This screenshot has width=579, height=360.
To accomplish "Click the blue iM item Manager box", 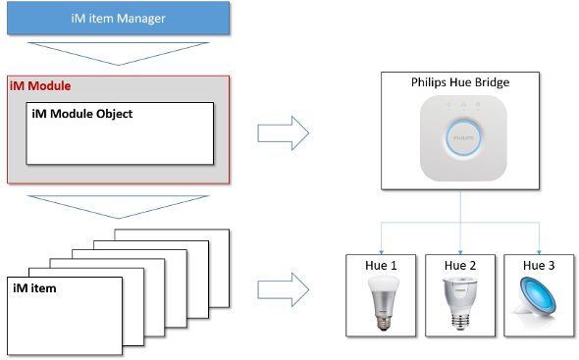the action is point(118,18).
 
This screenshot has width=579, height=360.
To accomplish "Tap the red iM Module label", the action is point(40,86).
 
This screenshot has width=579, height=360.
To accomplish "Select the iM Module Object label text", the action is point(82,114).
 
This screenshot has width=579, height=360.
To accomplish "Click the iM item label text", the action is point(34,288).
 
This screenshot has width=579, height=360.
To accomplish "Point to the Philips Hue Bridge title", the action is point(460,82).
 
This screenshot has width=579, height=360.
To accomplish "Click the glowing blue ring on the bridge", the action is point(463,121).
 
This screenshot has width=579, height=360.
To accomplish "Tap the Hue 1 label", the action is point(381,266).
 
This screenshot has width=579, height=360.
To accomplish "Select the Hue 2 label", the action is point(460,266).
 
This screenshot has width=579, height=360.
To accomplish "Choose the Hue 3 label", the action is point(539,266).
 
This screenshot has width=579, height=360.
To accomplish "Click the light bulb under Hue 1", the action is point(384,303).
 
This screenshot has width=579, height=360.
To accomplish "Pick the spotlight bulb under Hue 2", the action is point(460,303).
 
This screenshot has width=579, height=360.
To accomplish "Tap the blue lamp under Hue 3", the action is point(535,300).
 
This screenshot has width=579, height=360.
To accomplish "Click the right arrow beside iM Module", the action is point(284,133).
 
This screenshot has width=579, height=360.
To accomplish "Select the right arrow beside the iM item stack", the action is point(284,289).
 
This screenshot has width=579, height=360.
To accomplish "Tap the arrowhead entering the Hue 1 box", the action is point(381,252).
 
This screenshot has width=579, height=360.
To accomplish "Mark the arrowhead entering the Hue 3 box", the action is point(539,252).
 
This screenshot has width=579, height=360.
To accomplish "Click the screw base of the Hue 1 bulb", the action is point(384,322).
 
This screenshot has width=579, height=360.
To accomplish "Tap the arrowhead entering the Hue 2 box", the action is point(460,252).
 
